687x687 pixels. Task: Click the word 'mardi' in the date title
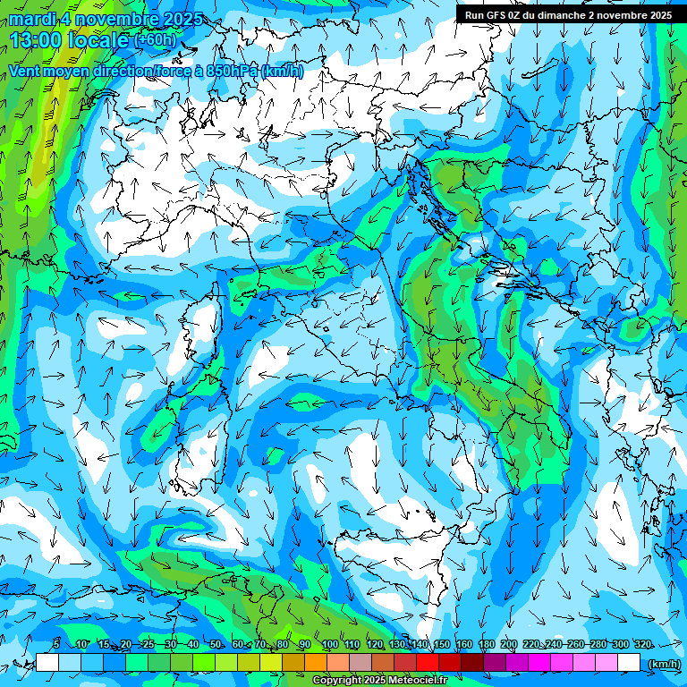[x=31, y=20]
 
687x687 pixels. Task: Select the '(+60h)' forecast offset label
[x=155, y=40]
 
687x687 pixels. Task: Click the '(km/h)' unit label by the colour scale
[x=664, y=664]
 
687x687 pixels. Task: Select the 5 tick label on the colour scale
[x=56, y=644]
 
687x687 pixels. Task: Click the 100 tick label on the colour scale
[x=328, y=644]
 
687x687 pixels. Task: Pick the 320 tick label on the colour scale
[x=641, y=644]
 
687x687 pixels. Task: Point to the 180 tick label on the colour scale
[x=486, y=644]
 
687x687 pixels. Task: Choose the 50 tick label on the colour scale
[x=216, y=644]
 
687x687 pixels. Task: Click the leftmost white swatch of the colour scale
[x=47, y=663]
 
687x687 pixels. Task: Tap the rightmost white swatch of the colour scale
[x=630, y=663]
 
